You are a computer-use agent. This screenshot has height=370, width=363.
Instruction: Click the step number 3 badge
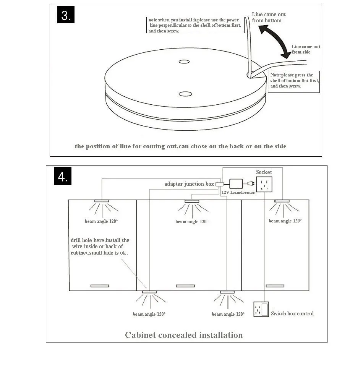(66, 16)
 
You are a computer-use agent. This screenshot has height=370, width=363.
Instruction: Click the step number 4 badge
(63, 177)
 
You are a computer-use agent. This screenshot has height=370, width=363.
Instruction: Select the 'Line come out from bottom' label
(269, 17)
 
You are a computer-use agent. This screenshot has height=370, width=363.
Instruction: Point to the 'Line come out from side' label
(306, 49)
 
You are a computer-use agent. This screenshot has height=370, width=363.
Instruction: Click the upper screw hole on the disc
(184, 62)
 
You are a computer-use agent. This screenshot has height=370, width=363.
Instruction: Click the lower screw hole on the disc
(185, 94)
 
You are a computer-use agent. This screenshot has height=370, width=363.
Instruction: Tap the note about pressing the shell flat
(294, 81)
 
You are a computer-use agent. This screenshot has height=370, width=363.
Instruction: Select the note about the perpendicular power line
(195, 25)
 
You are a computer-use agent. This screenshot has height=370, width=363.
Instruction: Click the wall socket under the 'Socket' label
(264, 185)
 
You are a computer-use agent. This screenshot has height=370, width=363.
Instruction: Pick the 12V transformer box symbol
(236, 183)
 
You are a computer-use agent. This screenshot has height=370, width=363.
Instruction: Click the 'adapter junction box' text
(189, 184)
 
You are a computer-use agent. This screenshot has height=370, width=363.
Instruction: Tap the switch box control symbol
(261, 309)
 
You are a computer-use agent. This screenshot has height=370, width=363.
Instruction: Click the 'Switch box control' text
(292, 314)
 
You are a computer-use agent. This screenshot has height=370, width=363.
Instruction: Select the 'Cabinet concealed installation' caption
(184, 335)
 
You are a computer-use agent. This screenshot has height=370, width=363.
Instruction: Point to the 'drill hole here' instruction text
(100, 247)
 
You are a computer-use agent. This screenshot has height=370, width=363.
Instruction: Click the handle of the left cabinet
(99, 286)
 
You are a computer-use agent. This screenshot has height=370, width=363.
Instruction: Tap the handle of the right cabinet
(275, 286)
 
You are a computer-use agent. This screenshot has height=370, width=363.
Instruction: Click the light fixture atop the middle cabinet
(192, 201)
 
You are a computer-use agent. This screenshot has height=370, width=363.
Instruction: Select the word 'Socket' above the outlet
(264, 172)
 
